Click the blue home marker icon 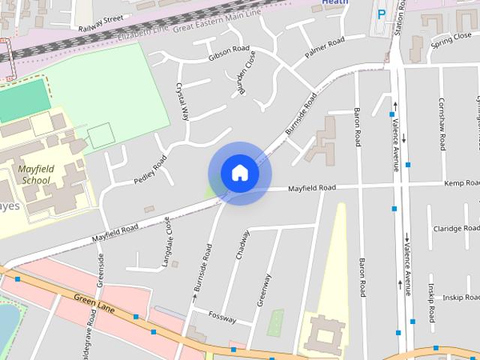pyautogui.click(x=240, y=173)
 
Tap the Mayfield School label pyautogui.click(x=36, y=175)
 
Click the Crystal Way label pyautogui.click(x=181, y=101)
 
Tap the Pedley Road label pyautogui.click(x=150, y=170)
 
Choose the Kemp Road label pyautogui.click(x=460, y=183)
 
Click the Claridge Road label pyautogui.click(x=456, y=229)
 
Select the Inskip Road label pyautogui.click(x=454, y=298)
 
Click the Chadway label pyautogui.click(x=242, y=244)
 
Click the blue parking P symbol pyautogui.click(x=382, y=13)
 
